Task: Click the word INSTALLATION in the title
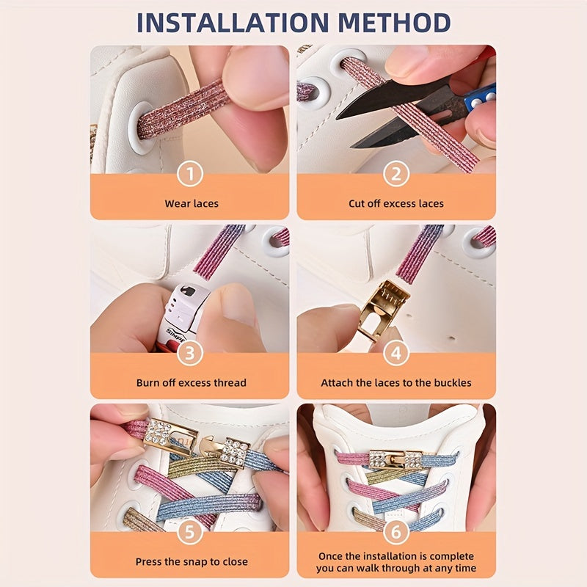pos(233,23)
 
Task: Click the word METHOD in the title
pos(394,23)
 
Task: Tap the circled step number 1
pos(190,174)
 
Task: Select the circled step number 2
pos(396,174)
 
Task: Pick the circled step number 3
pos(190,353)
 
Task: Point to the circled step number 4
pos(396,353)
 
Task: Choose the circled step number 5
pos(190,531)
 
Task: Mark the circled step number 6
pos(396,531)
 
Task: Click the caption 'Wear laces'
pos(192,204)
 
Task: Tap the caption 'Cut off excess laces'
pos(396,204)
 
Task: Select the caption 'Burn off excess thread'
pos(192,382)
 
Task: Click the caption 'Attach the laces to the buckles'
pos(396,382)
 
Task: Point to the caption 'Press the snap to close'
pos(192,561)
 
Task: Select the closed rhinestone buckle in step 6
pos(396,459)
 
